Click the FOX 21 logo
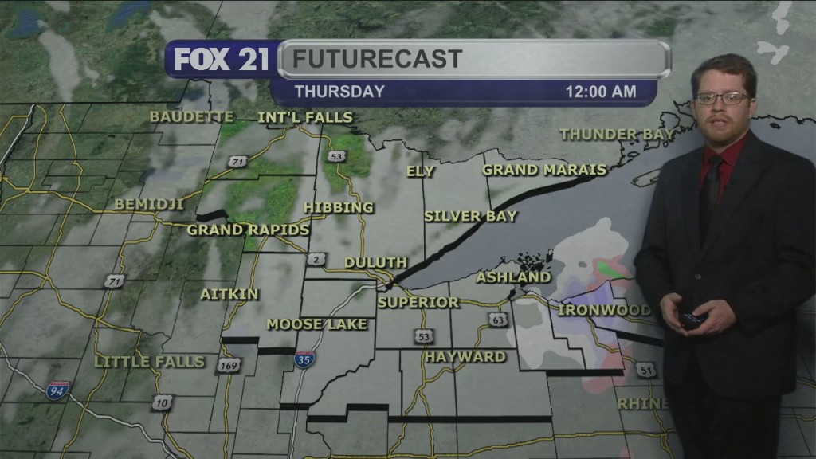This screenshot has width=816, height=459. click(222, 61)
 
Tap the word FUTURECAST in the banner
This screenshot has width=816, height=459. click(376, 59)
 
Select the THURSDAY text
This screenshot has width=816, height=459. click(339, 92)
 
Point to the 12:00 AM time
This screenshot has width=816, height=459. click(601, 92)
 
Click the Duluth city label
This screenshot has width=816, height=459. click(376, 263)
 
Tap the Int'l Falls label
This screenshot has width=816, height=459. click(304, 118)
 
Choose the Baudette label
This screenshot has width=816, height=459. click(191, 117)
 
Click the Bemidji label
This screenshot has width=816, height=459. click(150, 205)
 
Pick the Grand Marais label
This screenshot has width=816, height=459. click(544, 170)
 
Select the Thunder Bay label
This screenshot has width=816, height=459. click(617, 135)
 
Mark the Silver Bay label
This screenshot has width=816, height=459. click(470, 216)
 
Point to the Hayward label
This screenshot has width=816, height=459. click(465, 357)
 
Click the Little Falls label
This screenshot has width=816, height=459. click(150, 362)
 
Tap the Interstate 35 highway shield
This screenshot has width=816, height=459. click(304, 359)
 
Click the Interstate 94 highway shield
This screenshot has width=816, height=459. click(58, 390)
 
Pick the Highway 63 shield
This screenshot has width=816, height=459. click(497, 320)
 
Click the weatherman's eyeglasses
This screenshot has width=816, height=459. click(721, 99)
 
